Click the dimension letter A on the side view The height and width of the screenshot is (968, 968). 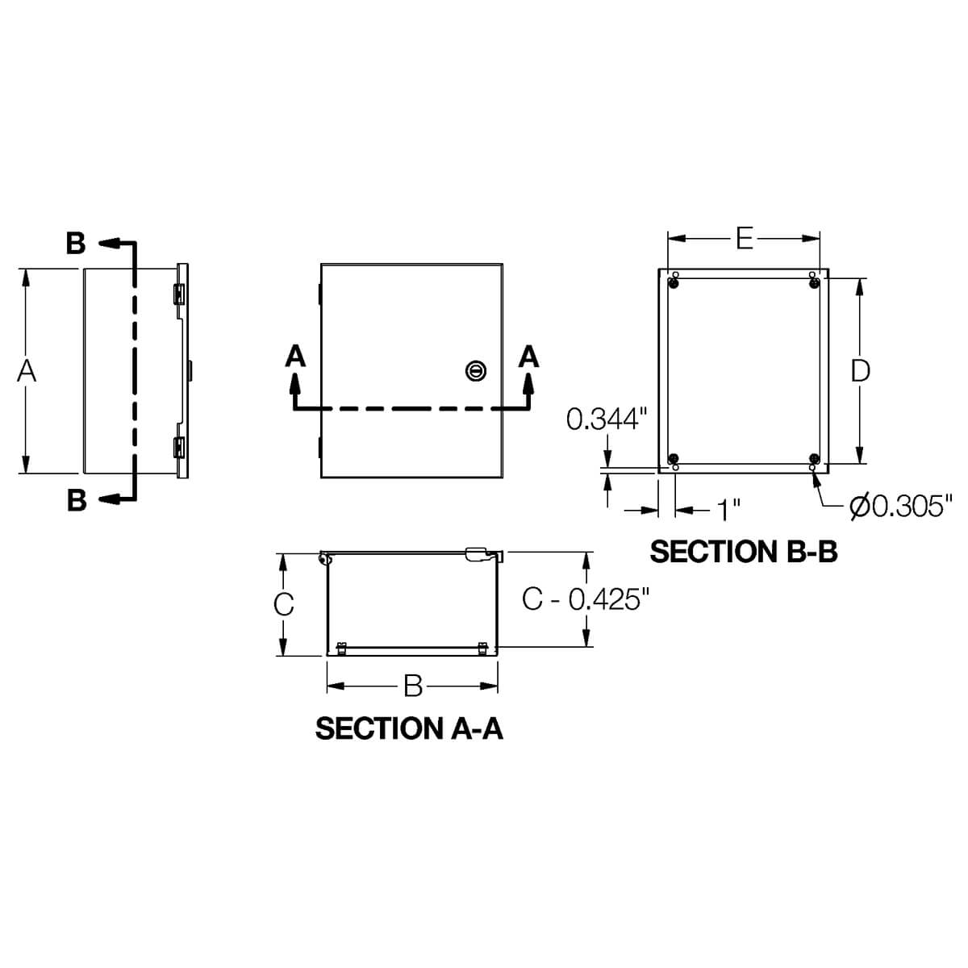(27, 371)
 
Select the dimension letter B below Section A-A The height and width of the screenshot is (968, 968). (413, 686)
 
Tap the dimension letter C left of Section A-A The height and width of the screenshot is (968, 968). (283, 604)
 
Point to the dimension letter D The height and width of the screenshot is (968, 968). (861, 371)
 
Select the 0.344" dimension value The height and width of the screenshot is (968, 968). (607, 419)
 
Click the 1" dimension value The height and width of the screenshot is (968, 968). (729, 510)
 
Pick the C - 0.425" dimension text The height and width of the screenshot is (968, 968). (586, 599)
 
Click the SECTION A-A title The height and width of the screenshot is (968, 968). (409, 728)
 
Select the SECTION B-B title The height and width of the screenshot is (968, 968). (744, 552)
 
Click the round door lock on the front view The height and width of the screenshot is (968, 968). (476, 370)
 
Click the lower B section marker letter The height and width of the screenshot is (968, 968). (76, 500)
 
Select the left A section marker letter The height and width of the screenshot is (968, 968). (296, 356)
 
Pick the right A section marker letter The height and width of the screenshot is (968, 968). (529, 356)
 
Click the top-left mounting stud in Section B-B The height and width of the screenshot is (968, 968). (674, 282)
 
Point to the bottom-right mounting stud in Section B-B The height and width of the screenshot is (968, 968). (813, 460)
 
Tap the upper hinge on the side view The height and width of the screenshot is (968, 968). (179, 294)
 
